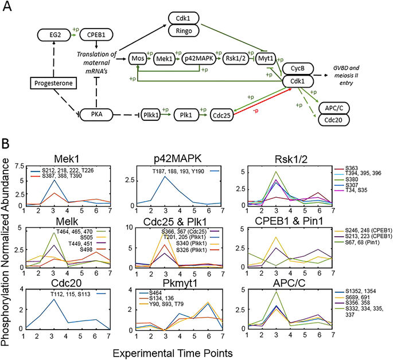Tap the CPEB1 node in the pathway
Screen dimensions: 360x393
(x=96, y=34)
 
